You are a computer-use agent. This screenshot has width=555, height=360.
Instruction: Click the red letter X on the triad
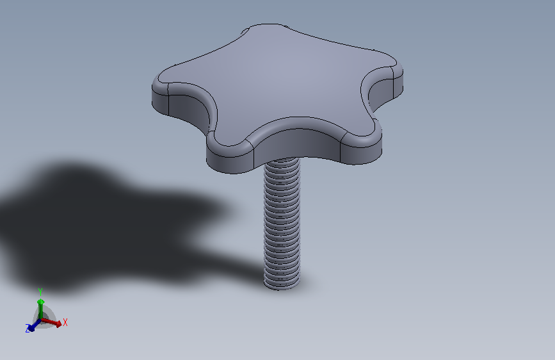(x=65, y=322)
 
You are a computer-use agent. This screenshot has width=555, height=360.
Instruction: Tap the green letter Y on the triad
(x=40, y=292)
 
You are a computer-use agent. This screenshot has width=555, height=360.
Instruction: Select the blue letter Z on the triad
(x=28, y=329)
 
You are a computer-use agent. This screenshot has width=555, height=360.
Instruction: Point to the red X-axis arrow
(x=52, y=322)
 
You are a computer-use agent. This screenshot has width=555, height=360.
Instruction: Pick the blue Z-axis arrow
(x=34, y=325)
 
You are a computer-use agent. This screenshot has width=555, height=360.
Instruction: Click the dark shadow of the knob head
(x=106, y=227)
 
